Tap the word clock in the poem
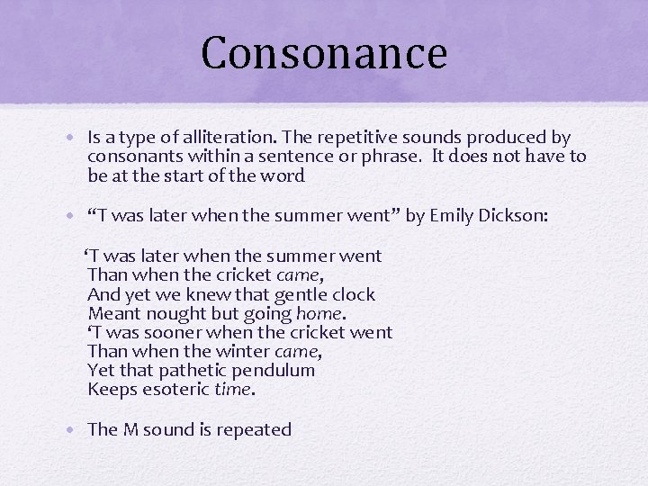pyautogui.click(x=355, y=294)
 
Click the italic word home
pyautogui.click(x=319, y=314)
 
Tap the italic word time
pyautogui.click(x=234, y=390)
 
